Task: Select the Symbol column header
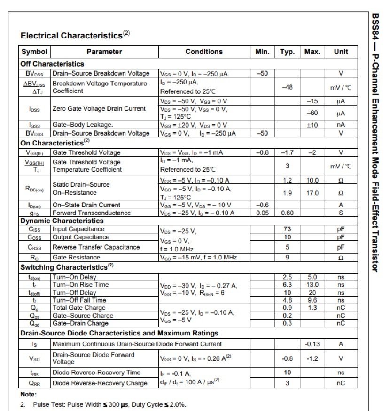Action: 34,52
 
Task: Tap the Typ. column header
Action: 287,52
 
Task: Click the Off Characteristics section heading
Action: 52,64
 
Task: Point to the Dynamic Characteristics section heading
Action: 62,221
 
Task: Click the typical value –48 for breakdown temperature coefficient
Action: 287,87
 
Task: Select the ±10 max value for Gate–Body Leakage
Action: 312,125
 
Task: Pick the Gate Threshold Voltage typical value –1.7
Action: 287,152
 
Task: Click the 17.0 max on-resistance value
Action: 312,193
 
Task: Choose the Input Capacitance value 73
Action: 287,229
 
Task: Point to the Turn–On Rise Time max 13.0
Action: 312,285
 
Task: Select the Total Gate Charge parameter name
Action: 79,308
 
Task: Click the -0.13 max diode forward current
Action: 312,344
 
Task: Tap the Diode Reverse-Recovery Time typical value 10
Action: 287,373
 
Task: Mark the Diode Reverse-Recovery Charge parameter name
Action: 100,383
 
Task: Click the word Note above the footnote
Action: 28,394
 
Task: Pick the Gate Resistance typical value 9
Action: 287,257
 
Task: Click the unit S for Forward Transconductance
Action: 341,213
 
